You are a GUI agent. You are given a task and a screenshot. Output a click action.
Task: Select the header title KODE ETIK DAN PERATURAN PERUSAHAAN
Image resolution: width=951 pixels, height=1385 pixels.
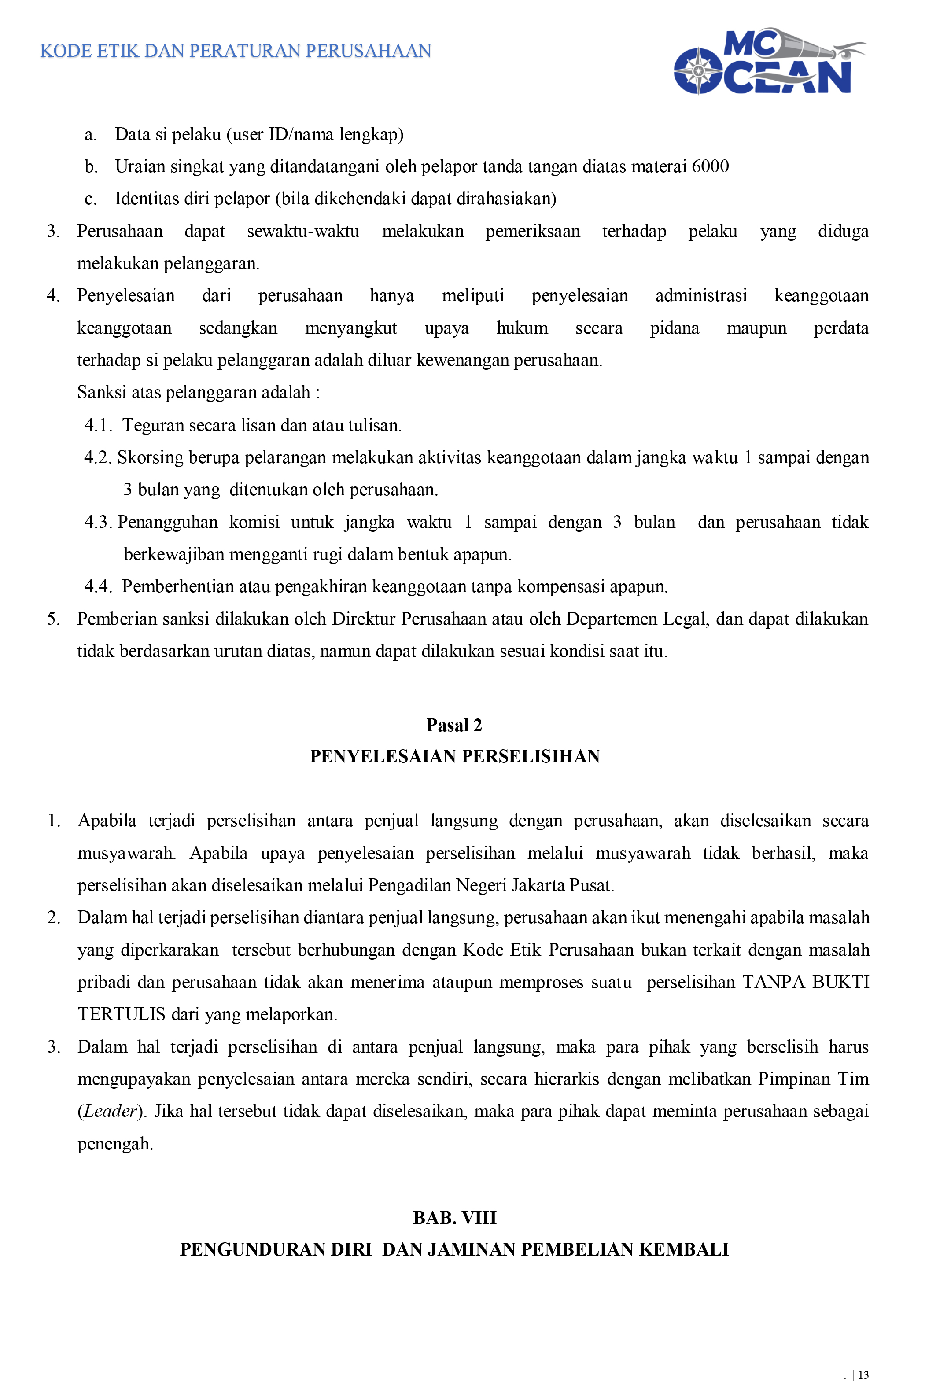click(236, 51)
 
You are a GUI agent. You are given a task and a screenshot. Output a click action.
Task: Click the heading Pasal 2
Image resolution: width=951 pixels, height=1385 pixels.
click(454, 725)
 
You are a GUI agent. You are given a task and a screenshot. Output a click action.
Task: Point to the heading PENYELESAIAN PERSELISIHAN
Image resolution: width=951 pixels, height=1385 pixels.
click(455, 756)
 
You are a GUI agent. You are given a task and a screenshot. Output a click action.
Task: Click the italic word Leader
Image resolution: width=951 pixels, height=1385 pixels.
click(110, 1111)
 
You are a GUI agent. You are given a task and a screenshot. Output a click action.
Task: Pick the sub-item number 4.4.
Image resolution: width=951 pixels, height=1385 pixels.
click(98, 586)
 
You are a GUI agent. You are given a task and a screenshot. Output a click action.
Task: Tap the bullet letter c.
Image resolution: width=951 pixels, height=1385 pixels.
click(91, 199)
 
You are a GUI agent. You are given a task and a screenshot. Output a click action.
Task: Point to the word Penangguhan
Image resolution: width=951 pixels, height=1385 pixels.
click(167, 522)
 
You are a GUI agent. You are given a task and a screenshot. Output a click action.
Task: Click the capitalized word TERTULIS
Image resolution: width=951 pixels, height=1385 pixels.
click(122, 1014)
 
